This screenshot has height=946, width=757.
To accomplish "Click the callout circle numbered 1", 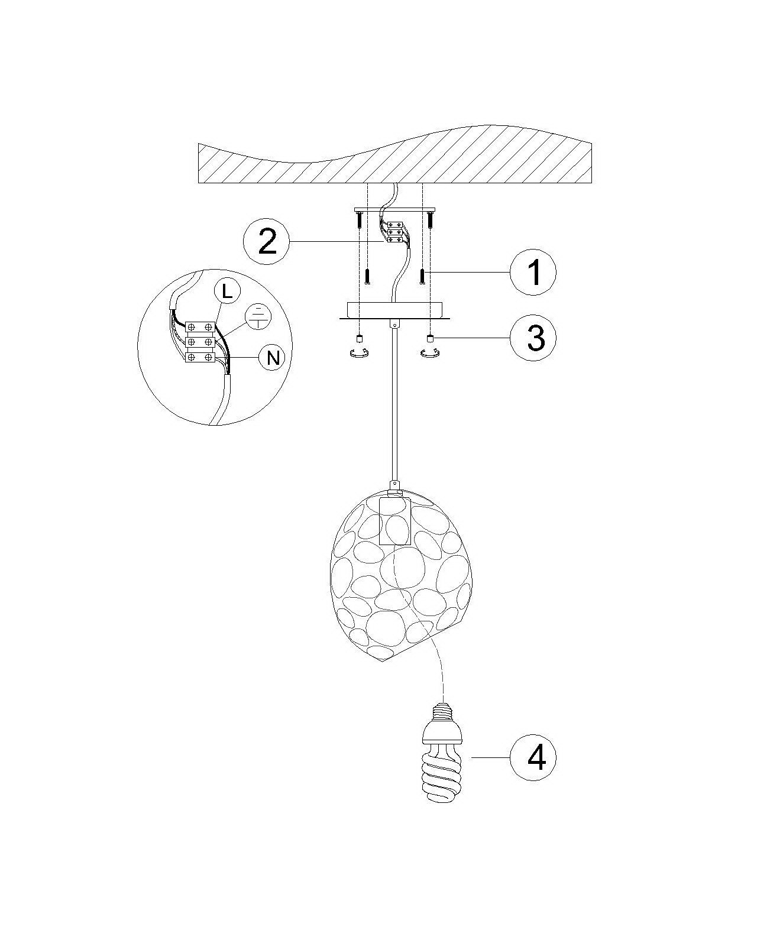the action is click(x=533, y=273).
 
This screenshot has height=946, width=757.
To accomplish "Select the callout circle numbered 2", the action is click(x=267, y=241).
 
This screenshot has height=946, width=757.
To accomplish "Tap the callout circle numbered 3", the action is click(x=533, y=338).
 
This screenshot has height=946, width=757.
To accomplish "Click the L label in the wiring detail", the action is click(x=227, y=292).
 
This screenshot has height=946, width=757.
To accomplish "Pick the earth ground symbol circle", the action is click(x=257, y=316).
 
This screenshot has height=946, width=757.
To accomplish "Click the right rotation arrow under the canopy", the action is click(x=429, y=352).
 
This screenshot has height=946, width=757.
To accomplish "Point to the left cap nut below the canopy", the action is click(x=360, y=338).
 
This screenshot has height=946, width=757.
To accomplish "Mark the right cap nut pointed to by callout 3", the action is click(x=430, y=338).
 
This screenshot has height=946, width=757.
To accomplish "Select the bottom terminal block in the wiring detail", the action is click(x=200, y=358).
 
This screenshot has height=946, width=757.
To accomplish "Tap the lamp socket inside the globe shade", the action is click(x=394, y=520).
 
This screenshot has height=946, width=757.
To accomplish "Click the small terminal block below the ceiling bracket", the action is click(x=393, y=232).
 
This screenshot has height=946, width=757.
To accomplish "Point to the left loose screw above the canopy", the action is click(x=367, y=277).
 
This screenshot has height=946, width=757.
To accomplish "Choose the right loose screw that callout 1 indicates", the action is click(x=422, y=277).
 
